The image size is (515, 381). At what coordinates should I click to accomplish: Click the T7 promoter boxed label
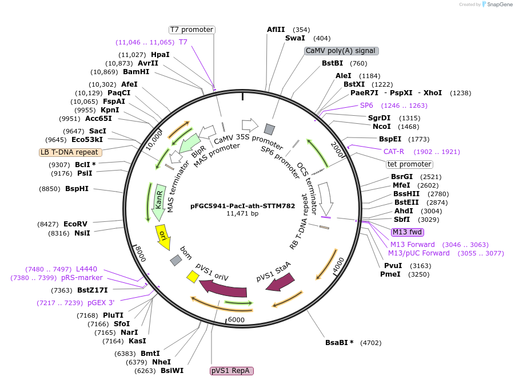(x=191, y=30)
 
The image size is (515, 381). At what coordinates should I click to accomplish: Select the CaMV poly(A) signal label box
(x=341, y=51)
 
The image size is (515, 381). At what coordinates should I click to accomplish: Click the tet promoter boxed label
(x=409, y=164)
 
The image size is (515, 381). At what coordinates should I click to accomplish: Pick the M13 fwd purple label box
(x=407, y=232)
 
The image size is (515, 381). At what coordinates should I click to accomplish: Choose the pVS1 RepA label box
(x=231, y=371)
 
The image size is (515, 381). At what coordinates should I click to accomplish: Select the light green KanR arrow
(x=158, y=202)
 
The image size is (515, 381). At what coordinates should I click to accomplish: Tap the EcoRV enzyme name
(x=75, y=224)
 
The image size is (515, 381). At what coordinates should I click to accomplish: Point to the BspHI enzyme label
(x=77, y=188)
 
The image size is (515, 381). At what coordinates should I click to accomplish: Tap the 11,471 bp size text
(x=242, y=213)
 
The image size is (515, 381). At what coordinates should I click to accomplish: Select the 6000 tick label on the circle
(x=236, y=320)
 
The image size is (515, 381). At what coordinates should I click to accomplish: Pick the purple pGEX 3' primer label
(x=101, y=303)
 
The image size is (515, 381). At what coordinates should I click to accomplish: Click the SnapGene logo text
(x=499, y=5)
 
